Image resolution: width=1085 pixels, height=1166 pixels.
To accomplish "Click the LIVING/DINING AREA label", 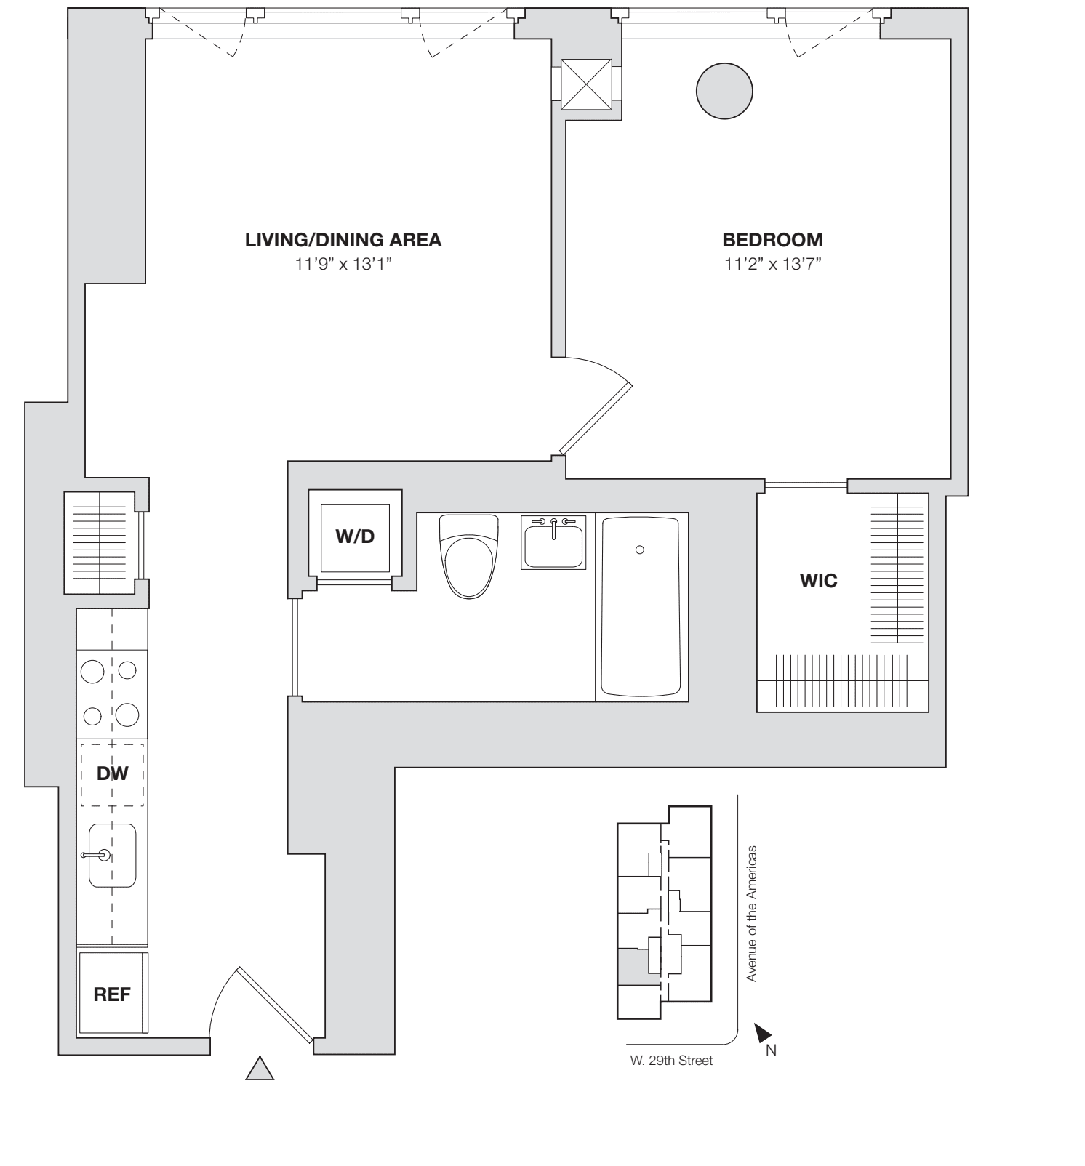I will pyautogui.click(x=343, y=240).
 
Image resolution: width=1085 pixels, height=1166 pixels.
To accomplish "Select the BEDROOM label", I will pyautogui.click(x=772, y=240).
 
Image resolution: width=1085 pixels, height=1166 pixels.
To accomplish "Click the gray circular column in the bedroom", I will pyautogui.click(x=724, y=91).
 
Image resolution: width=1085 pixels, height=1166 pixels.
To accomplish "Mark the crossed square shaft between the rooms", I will pyautogui.click(x=586, y=83).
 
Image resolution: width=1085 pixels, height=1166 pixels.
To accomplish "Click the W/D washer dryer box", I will pyautogui.click(x=355, y=537).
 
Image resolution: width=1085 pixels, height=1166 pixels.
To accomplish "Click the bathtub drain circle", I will pyautogui.click(x=639, y=550).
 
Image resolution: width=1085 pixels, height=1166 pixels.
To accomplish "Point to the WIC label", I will pyautogui.click(x=818, y=581).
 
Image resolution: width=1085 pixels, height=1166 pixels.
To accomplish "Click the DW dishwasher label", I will pyautogui.click(x=112, y=773).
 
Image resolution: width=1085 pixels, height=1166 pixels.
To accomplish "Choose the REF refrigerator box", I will pyautogui.click(x=112, y=994).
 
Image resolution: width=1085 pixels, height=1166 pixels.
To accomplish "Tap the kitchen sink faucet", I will pyautogui.click(x=98, y=855).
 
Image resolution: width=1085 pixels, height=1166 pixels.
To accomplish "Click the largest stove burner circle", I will pyautogui.click(x=127, y=715).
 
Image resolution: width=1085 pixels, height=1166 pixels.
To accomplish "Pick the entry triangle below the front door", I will pyautogui.click(x=260, y=1069).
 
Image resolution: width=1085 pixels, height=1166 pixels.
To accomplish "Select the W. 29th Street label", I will pyautogui.click(x=671, y=1061).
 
